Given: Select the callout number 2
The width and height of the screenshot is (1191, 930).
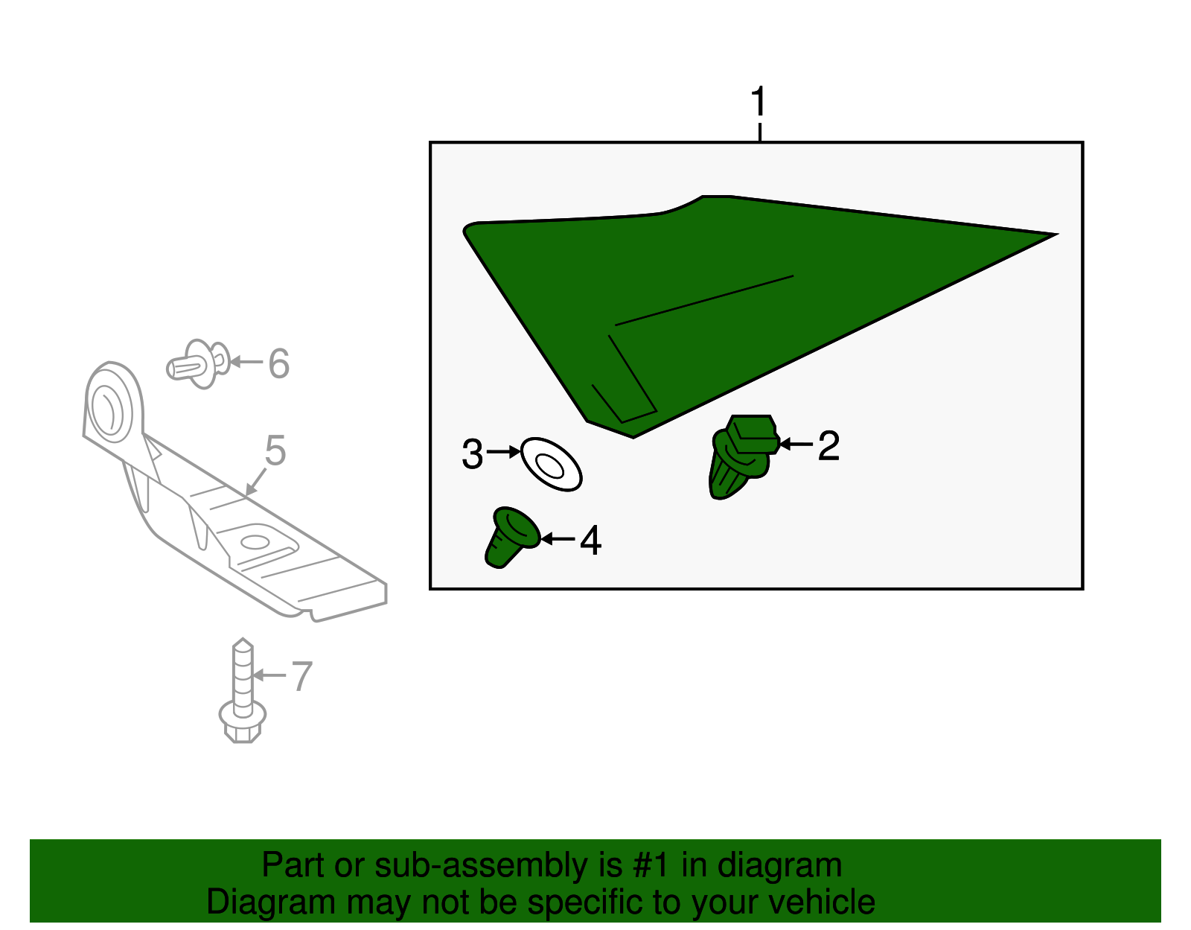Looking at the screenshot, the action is click(828, 445).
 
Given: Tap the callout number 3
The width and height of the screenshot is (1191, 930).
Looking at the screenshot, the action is click(473, 453).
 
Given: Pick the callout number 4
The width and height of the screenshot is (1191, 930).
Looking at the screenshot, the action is click(591, 541).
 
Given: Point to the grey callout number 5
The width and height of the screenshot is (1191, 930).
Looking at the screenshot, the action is click(275, 450).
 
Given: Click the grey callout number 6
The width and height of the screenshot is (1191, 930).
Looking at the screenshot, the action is click(278, 363).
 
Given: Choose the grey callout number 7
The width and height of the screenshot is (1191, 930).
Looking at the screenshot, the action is click(301, 675).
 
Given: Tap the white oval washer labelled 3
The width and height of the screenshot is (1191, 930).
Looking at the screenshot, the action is click(552, 464).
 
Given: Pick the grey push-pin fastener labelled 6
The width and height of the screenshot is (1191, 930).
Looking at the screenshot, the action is click(199, 364).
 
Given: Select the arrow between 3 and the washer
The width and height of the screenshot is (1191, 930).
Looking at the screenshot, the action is click(503, 452).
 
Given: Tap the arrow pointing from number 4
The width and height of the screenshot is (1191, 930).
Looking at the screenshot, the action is click(558, 539).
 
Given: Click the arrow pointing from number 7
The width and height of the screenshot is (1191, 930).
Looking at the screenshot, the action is click(269, 675).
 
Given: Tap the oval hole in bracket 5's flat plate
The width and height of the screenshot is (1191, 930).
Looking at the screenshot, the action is click(255, 542).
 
